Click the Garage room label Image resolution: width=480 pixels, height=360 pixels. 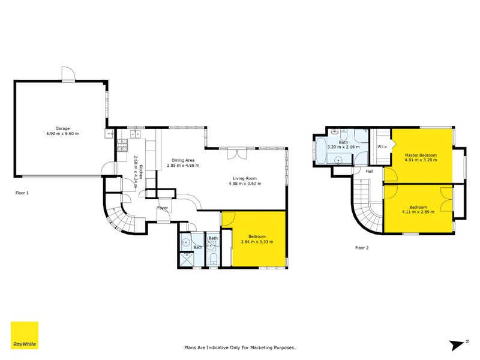63,128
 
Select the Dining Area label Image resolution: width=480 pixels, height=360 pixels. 183,160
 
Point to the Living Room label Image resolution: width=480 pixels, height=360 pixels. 245,178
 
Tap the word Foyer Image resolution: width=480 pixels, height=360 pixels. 162,208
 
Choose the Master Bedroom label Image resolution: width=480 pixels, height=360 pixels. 420,155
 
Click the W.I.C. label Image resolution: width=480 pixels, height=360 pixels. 382,148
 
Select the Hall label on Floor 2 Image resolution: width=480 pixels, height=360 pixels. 370,172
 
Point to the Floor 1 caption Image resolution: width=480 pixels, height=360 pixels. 22,193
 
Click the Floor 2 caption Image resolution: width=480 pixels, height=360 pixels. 362,247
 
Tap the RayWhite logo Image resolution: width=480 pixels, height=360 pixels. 25,335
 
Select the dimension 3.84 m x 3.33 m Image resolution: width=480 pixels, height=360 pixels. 257,241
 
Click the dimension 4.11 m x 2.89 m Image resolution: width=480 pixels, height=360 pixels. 419,212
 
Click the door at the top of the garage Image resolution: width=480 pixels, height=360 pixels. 68,74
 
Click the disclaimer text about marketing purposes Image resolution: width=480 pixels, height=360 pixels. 239,347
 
